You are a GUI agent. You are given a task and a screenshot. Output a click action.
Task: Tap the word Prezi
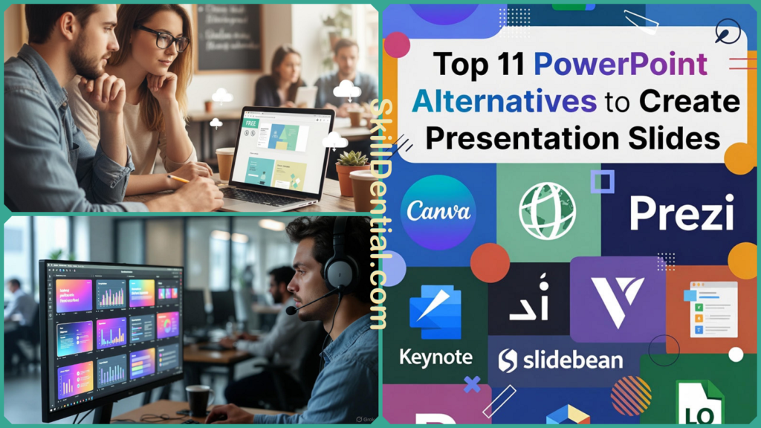coord(681,213)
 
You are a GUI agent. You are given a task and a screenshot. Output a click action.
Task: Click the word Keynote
coord(435,357)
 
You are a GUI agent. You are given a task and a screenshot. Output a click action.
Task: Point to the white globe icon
coord(548,211)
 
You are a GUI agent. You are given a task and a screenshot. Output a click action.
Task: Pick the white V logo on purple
coord(617,299)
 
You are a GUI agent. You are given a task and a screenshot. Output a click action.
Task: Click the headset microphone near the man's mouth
coord(291,310)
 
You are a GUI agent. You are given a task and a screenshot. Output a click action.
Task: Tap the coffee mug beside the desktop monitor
coord(198,399)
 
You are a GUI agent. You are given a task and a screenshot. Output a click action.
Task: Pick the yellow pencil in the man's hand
coord(178,179)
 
